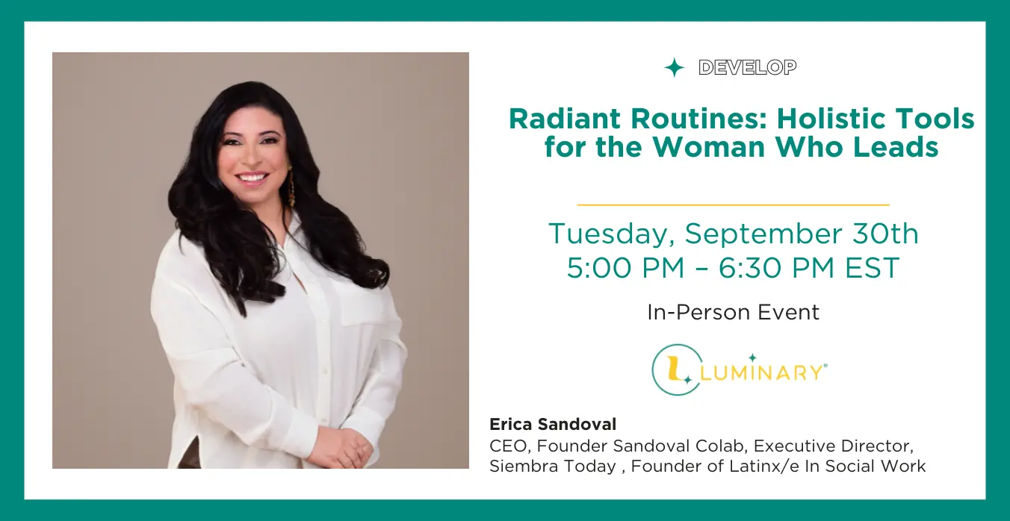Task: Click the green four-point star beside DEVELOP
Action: (x=674, y=68)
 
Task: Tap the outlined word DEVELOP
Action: (x=748, y=68)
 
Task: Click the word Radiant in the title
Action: (x=565, y=119)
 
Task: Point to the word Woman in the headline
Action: (x=709, y=147)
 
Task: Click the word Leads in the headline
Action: (x=896, y=147)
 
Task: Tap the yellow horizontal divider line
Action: (x=733, y=205)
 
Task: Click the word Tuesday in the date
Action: (x=611, y=234)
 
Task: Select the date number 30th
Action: (x=885, y=234)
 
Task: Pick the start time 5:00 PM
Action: (x=626, y=268)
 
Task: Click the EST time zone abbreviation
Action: (x=873, y=268)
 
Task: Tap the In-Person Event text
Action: (x=733, y=312)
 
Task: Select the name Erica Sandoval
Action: (x=553, y=424)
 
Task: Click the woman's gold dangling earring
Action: (x=291, y=187)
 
